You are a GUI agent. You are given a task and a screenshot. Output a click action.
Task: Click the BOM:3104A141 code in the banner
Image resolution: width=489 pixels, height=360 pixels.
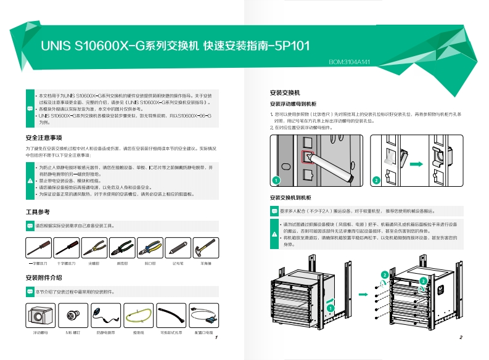349,62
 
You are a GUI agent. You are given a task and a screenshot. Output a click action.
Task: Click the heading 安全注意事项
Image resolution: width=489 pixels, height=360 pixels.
44,137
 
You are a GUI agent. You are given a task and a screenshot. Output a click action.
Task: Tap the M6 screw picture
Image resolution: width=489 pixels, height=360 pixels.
73,316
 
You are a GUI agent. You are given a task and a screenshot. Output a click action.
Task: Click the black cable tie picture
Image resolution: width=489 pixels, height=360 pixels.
171,316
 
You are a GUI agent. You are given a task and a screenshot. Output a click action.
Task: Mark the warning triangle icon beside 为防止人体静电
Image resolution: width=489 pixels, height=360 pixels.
31,181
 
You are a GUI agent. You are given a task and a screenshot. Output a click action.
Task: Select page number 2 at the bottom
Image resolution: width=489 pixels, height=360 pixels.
461,337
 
